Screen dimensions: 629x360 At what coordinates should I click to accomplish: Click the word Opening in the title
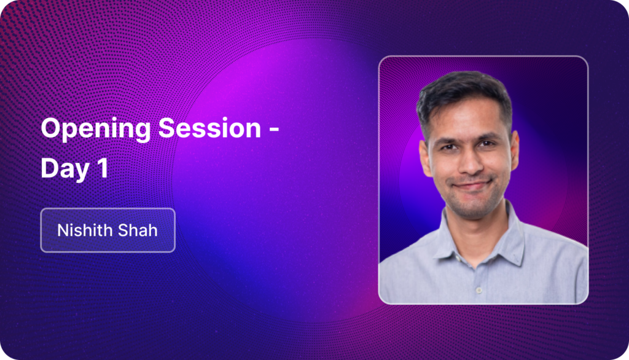[x=95, y=130]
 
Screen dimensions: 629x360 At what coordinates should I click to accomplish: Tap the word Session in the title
[x=210, y=128]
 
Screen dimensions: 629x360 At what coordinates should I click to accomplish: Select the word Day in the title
[x=65, y=168]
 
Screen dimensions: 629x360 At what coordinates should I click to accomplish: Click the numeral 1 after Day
[x=103, y=168]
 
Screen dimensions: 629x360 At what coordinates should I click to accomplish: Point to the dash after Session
[x=274, y=129]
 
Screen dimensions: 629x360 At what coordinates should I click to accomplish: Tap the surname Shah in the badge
[x=137, y=230]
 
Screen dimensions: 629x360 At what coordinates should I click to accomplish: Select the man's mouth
[x=472, y=185]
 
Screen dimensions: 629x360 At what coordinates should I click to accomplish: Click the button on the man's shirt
[x=479, y=290]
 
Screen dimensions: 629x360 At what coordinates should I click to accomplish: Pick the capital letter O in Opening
[x=50, y=128]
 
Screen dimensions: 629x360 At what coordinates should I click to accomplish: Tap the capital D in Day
[x=50, y=168]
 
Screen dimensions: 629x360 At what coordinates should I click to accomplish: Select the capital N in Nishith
[x=63, y=230]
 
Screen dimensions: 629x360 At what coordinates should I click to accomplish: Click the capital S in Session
[x=167, y=128]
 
